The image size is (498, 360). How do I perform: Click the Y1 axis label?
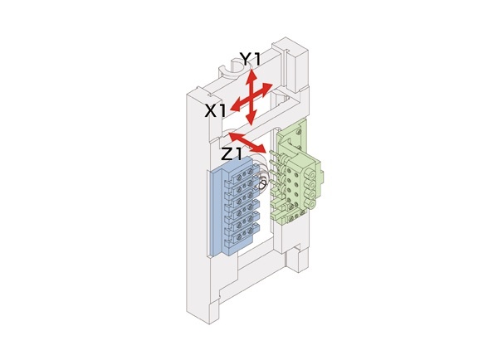250,59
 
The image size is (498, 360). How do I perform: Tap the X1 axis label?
215,111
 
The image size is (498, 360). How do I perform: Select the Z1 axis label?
232,154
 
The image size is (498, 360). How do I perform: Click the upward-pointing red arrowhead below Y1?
252,75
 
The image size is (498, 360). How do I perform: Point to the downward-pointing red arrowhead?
251,120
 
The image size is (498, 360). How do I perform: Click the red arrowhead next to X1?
236,107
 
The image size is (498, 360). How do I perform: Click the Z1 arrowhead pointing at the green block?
260,148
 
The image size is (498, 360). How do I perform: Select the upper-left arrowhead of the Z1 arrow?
234,135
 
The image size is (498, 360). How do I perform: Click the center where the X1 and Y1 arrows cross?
251,98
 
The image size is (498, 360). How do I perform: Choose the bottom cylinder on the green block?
312,203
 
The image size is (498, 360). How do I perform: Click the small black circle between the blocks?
263,184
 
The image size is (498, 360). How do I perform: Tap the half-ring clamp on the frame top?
231,71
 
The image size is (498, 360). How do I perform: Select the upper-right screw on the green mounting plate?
299,130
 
